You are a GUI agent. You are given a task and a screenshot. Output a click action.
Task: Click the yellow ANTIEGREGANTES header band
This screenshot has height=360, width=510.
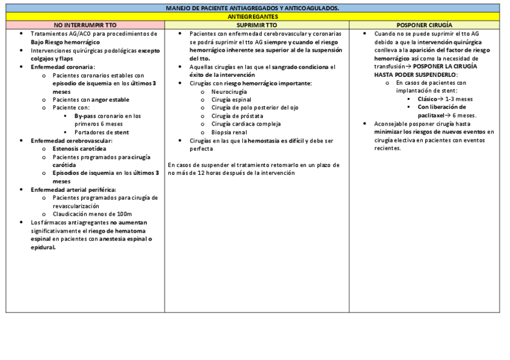(x=253, y=17)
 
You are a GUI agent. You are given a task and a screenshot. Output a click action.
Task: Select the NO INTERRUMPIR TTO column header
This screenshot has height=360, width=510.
(x=85, y=26)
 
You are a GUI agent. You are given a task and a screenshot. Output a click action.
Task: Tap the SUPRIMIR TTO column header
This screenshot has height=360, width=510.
(x=257, y=26)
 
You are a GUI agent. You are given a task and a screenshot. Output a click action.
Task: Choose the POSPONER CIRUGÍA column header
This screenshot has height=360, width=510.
(x=424, y=26)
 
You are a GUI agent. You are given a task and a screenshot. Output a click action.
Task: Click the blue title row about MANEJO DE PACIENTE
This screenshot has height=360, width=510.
(x=253, y=8)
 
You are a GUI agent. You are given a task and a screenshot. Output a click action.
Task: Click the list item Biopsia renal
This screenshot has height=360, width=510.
(x=229, y=132)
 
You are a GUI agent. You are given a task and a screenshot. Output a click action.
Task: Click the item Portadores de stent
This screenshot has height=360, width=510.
(x=101, y=132)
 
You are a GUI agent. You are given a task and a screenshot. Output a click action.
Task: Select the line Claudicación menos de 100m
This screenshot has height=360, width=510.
(x=92, y=214)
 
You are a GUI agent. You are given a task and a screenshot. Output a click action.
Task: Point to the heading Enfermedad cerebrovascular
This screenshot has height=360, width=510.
(x=72, y=140)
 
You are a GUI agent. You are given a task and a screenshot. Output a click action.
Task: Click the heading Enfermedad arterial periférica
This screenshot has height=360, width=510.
(x=73, y=189)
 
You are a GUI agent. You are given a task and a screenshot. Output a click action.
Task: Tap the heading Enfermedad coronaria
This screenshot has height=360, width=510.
(x=63, y=67)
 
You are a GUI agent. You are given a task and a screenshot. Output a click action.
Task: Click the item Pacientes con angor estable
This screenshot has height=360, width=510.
(x=91, y=99)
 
